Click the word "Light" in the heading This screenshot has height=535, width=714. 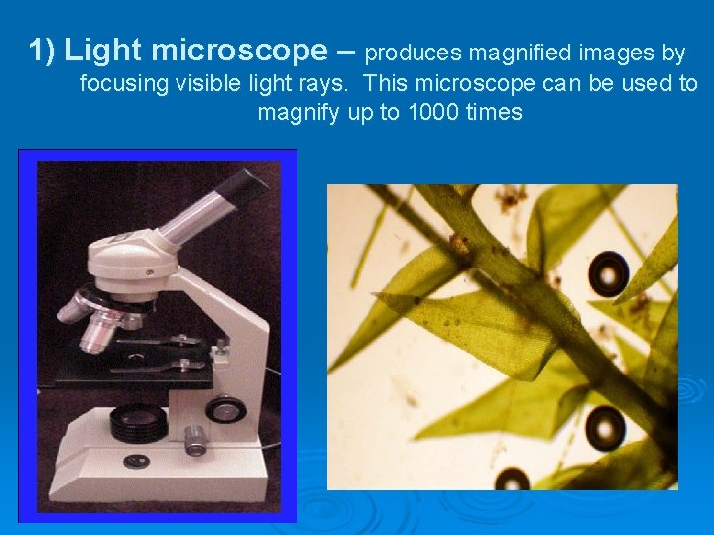click(x=102, y=50)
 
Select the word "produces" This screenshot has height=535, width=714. click(x=414, y=52)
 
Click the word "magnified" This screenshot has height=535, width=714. click(x=515, y=52)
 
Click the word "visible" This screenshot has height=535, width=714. click(x=207, y=83)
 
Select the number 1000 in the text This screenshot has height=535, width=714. click(x=432, y=112)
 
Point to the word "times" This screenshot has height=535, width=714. click(x=494, y=112)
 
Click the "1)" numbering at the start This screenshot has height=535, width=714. click(x=42, y=50)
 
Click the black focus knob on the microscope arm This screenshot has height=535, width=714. click(x=226, y=407)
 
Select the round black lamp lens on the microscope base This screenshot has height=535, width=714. click(x=138, y=423)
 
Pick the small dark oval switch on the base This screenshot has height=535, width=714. click(x=138, y=461)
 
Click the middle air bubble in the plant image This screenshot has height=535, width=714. click(x=604, y=428)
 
